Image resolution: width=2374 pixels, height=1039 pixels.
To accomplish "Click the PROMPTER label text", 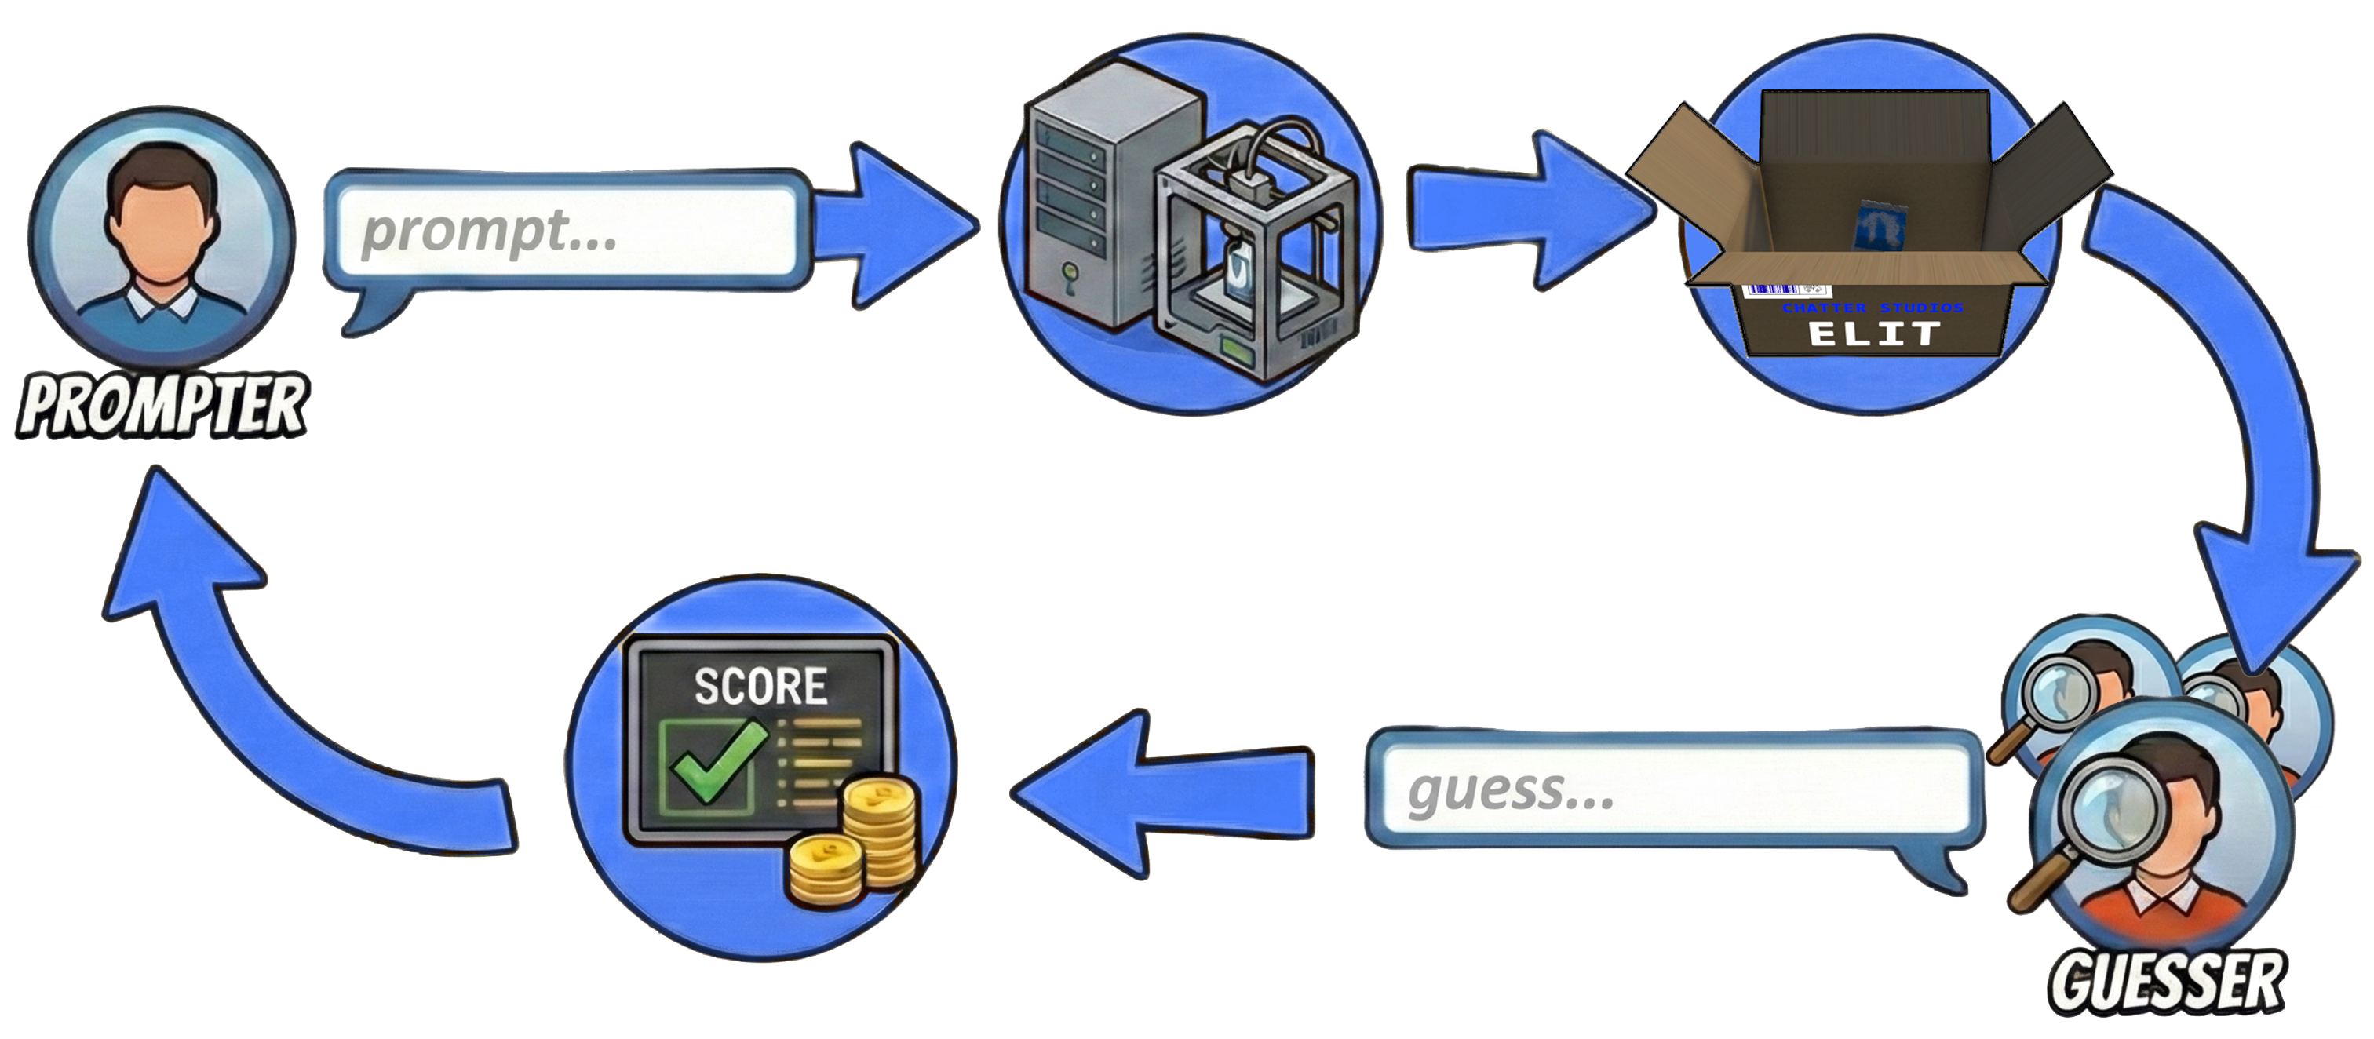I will (162, 406).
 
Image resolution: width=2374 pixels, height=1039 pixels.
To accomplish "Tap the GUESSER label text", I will (2166, 982).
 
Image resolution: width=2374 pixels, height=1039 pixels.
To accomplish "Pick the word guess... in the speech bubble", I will (1512, 790).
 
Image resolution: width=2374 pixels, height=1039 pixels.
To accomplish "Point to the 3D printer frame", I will (1258, 258).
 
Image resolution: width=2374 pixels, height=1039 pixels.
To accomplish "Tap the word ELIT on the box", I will (1875, 334).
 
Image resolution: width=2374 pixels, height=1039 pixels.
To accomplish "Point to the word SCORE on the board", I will (760, 687).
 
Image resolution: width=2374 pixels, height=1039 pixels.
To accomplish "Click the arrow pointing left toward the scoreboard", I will (1161, 793).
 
